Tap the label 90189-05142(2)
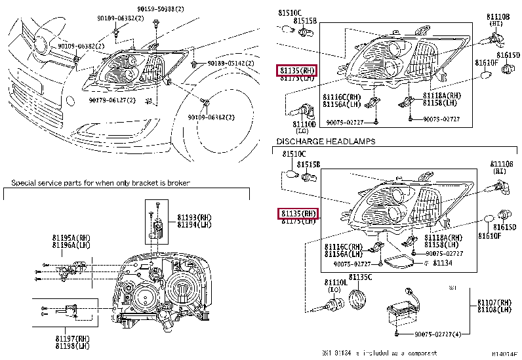click(231, 63)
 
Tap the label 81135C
click(360, 277)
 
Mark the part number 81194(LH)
click(195, 224)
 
